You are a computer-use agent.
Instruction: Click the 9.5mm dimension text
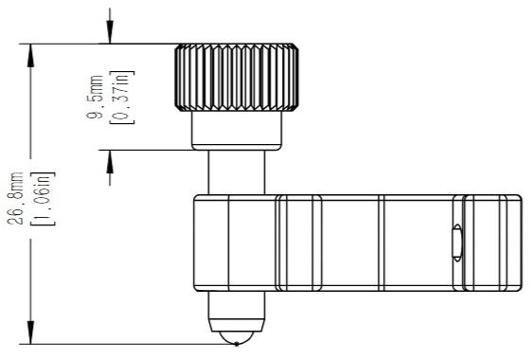95,97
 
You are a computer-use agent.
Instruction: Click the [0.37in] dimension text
122,98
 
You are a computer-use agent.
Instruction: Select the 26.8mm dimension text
15,198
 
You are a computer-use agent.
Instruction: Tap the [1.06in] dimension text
43,199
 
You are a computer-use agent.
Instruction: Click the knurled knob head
237,78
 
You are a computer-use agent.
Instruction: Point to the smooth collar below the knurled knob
237,131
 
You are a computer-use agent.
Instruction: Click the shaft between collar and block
237,172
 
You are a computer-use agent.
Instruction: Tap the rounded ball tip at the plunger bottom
236,337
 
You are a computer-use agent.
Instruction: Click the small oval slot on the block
457,243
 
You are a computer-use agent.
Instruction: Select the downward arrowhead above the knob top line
110,31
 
